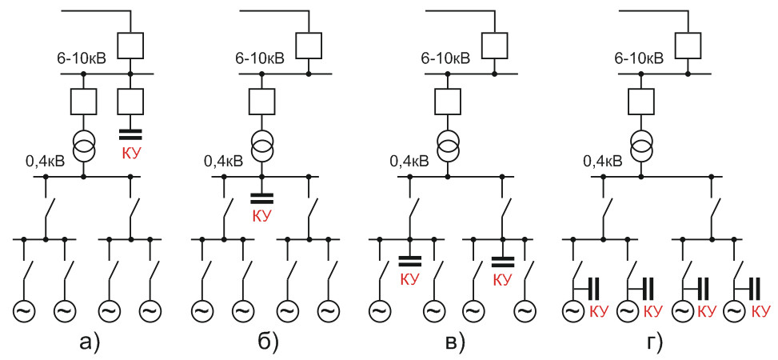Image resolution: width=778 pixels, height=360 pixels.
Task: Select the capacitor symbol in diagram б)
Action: pyautogui.click(x=261, y=198)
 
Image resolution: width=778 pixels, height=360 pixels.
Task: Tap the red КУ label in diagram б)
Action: pyautogui.click(x=261, y=216)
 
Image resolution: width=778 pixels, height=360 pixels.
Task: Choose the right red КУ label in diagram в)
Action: pyautogui.click(x=502, y=279)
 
